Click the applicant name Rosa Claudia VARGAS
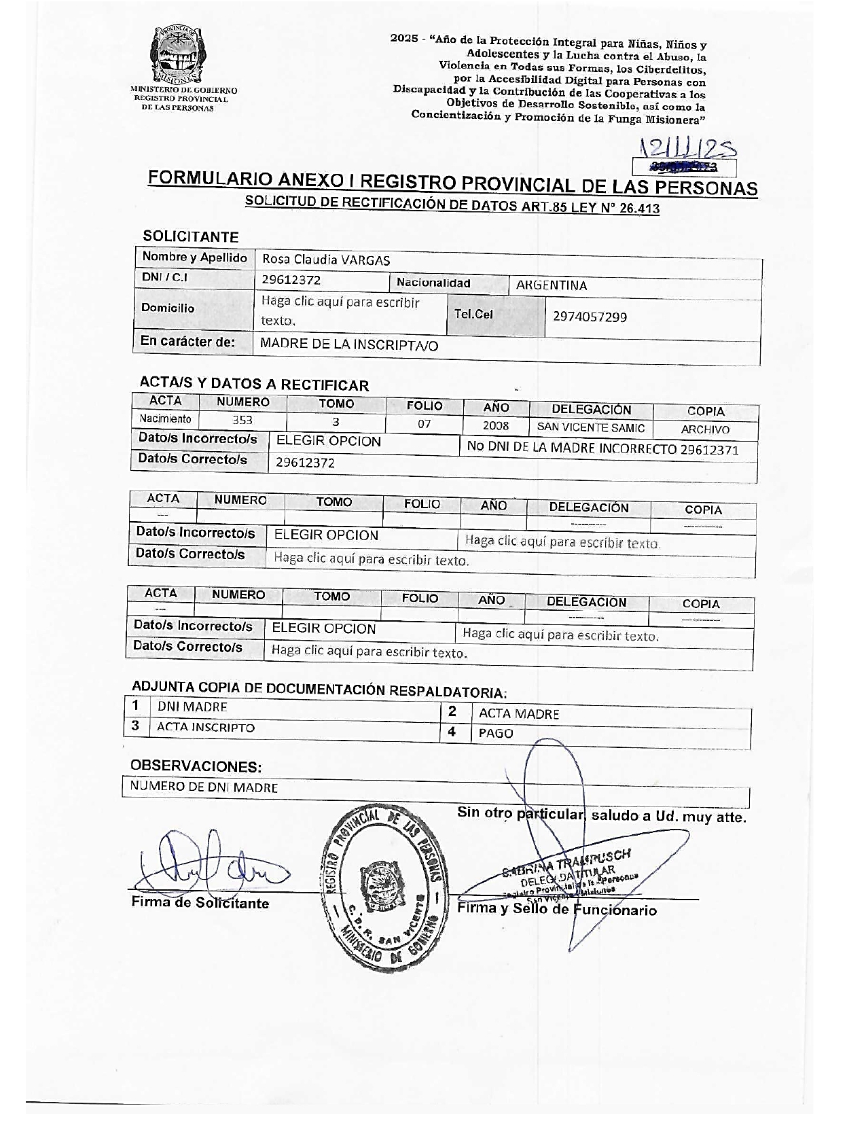(326, 260)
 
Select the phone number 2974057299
(590, 317)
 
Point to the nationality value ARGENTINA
(551, 285)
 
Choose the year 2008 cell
(496, 425)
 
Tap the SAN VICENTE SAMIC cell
(591, 427)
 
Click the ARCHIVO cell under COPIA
(705, 429)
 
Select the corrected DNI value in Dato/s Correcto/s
(305, 463)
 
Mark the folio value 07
(424, 424)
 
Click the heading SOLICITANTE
(191, 236)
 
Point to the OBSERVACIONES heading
(196, 766)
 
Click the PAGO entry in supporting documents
(496, 734)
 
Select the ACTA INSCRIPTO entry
(206, 727)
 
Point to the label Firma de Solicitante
(200, 903)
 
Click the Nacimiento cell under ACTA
(166, 419)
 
